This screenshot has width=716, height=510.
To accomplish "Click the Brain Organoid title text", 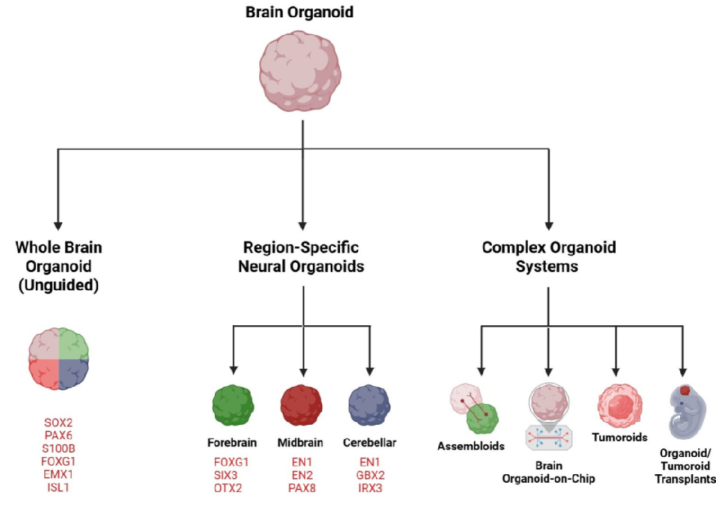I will pyautogui.click(x=299, y=13).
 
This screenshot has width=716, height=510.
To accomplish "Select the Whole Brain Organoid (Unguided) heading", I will pyautogui.click(x=59, y=266).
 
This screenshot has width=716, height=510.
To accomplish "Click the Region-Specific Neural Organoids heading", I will pyautogui.click(x=301, y=257).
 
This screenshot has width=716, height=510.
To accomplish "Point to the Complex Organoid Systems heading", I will pyautogui.click(x=548, y=257).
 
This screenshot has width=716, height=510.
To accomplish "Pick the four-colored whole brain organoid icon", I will pyautogui.click(x=59, y=359).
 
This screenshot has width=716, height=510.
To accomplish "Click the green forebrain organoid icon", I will pyautogui.click(x=233, y=405).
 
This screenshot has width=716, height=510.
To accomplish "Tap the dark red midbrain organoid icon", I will pyautogui.click(x=301, y=405).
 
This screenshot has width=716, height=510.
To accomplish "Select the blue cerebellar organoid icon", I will pyautogui.click(x=369, y=405).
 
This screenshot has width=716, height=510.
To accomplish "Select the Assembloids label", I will pyautogui.click(x=471, y=446).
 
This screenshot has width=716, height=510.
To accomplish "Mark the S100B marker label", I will pyautogui.click(x=59, y=449).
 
